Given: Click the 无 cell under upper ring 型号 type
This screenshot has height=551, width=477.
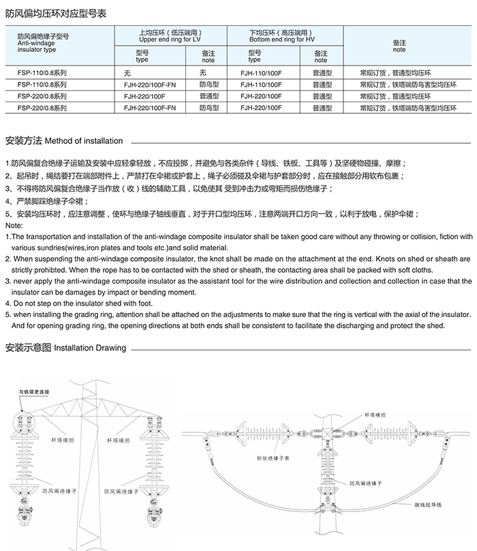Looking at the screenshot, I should [127, 72].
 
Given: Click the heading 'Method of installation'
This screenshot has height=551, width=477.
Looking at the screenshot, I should [84, 141].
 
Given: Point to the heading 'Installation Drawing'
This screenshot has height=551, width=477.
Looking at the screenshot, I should [90, 348].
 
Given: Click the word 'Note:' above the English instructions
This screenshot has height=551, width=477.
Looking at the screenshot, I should [14, 225].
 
